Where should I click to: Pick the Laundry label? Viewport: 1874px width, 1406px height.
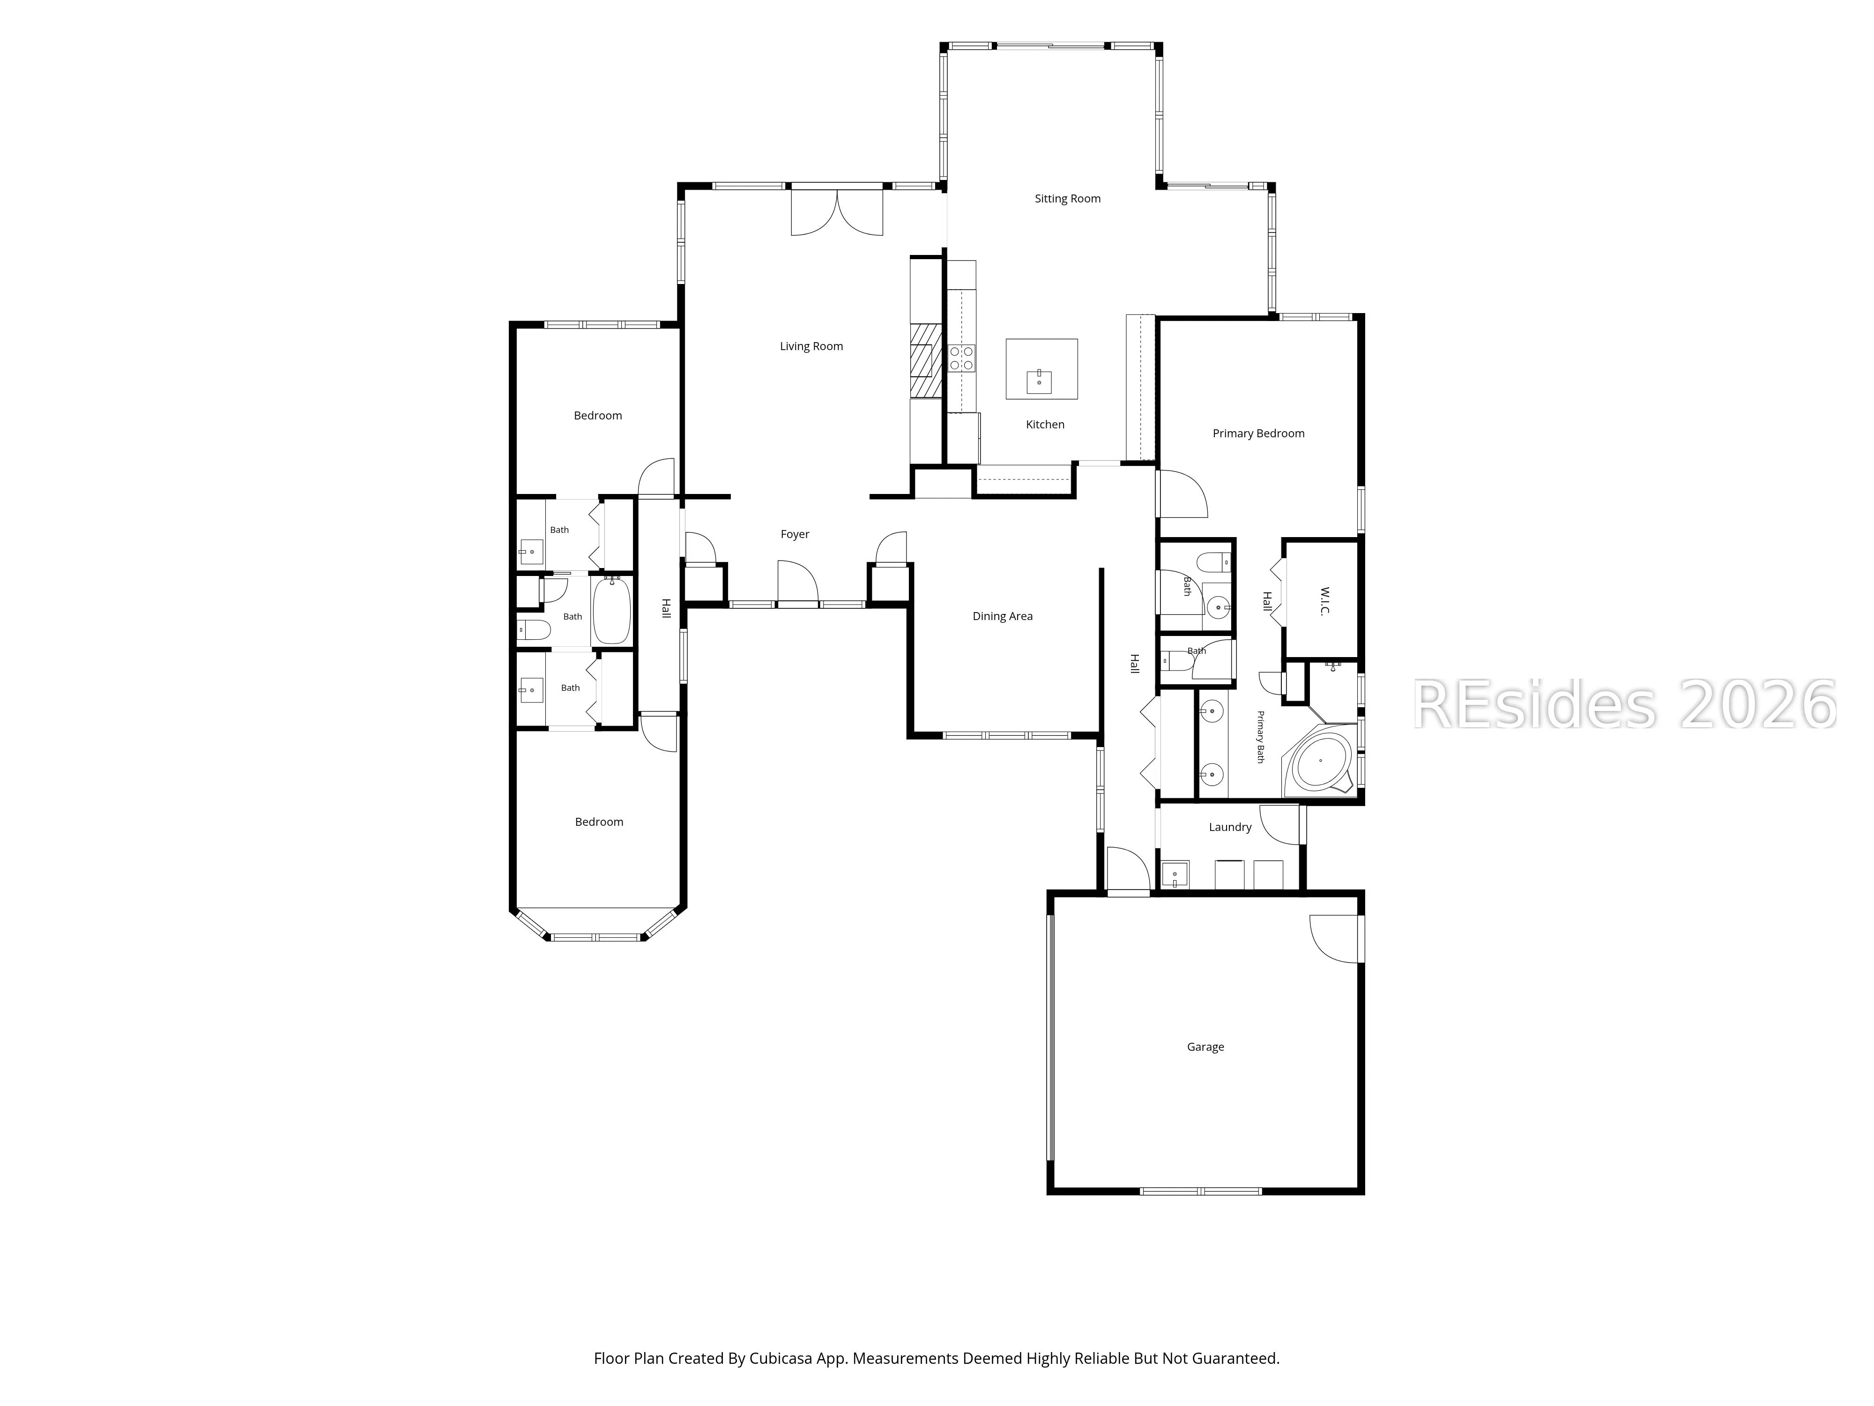click(1230, 827)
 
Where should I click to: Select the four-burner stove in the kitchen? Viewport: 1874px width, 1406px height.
click(961, 358)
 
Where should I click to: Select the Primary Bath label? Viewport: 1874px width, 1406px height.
click(1260, 737)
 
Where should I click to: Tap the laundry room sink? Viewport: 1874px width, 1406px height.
click(1175, 874)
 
